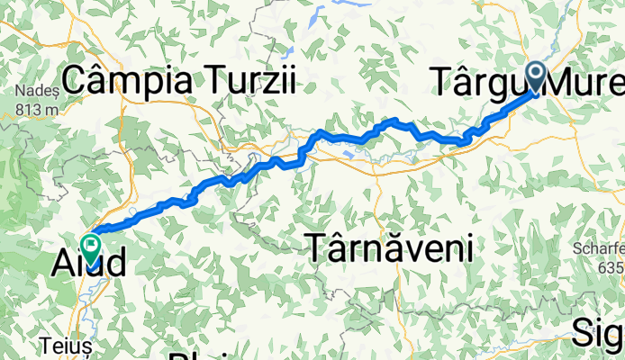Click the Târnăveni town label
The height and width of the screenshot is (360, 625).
tap(391, 247)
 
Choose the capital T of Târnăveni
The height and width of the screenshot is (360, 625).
tap(319, 247)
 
